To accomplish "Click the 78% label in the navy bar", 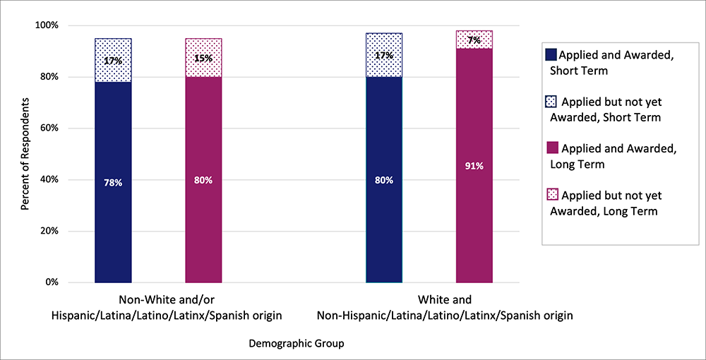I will click(x=113, y=183).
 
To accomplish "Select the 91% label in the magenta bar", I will click(x=474, y=167).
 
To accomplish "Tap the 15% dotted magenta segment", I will click(x=203, y=58).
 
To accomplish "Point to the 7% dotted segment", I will click(x=474, y=40).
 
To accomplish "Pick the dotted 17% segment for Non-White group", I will click(x=113, y=60).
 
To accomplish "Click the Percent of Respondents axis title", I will click(x=25, y=154).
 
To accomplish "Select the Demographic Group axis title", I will click(x=297, y=343).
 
